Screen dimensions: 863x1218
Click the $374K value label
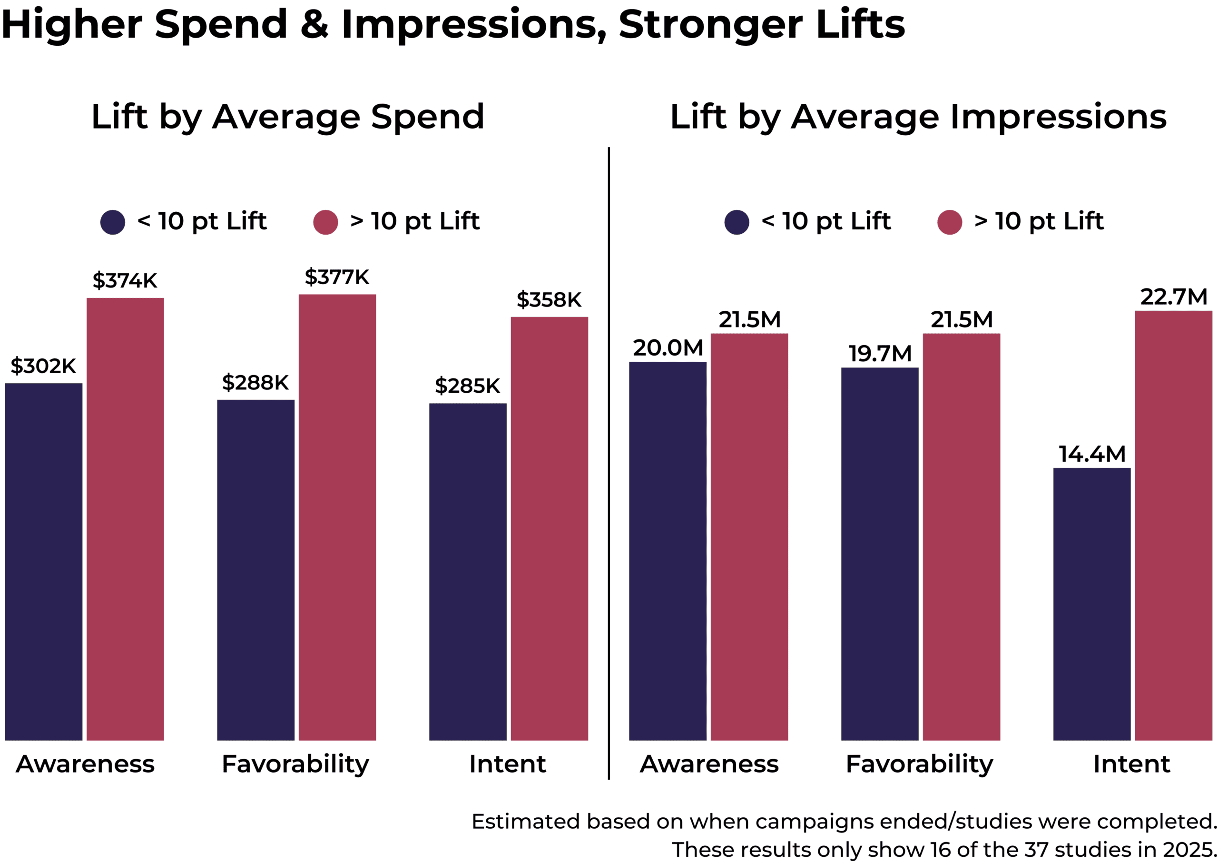125,280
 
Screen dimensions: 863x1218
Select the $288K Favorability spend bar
255,570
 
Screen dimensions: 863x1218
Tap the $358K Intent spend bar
549,528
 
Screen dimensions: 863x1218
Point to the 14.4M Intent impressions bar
1091,604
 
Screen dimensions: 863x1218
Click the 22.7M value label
1173,297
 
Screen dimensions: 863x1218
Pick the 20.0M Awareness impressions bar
668,551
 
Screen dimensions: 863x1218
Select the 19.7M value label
880,353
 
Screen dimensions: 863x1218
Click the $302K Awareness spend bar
44,561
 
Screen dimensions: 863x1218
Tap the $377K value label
337,277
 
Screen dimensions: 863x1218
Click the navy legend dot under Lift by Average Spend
113,222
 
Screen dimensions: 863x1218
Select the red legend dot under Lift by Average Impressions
950,222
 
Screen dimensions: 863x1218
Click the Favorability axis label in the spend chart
295,764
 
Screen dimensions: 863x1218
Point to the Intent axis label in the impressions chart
1131,764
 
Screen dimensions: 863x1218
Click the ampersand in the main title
314,25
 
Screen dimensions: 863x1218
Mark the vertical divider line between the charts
609,462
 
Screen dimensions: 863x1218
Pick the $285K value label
467,386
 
